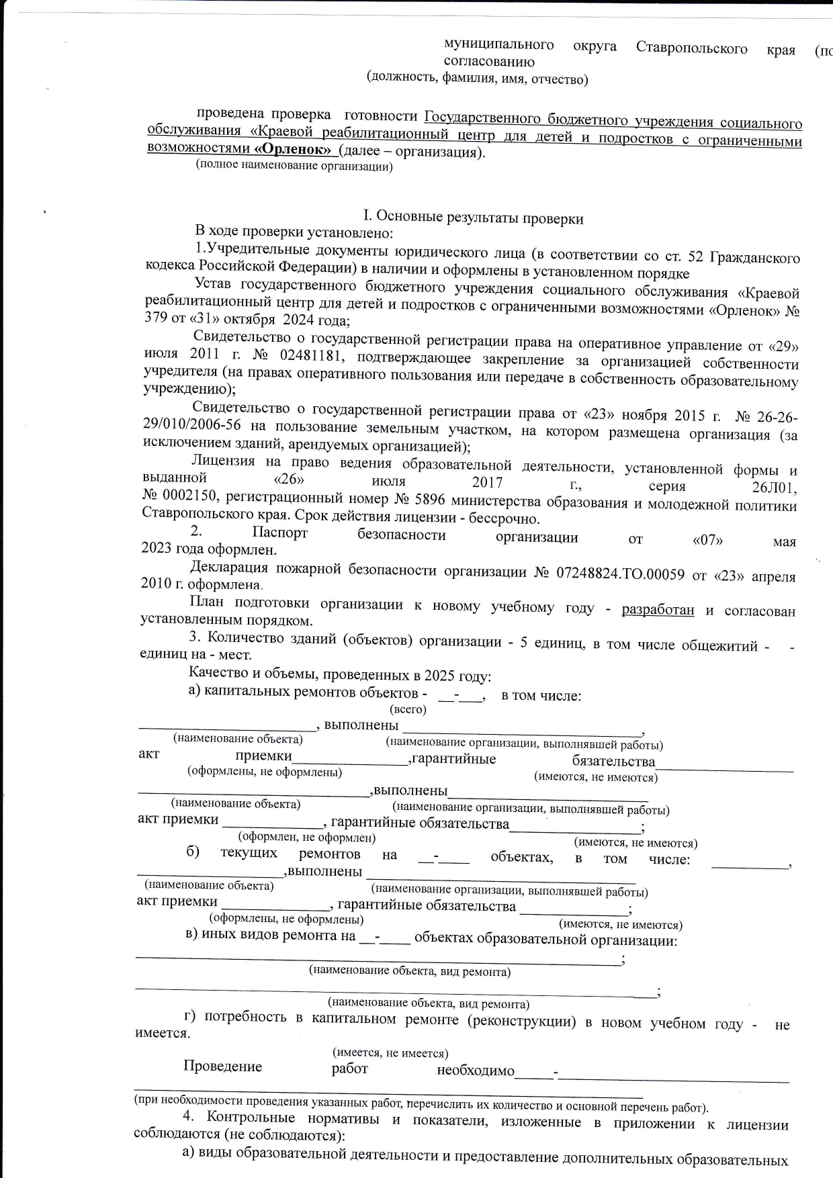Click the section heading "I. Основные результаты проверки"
pos(473,218)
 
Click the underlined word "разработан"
pos(657,610)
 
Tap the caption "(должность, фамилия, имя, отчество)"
pos(477,79)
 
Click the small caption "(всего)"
pos(408,709)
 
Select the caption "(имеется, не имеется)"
pos(390,1052)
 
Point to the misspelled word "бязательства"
pos(613,761)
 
